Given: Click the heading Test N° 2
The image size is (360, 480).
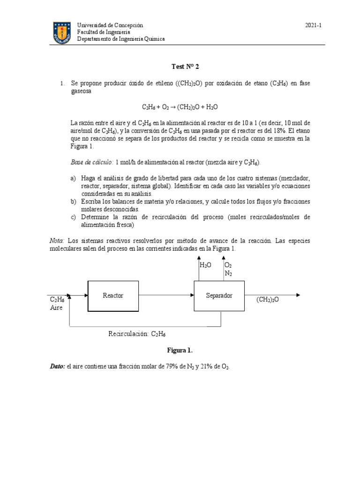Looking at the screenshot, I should (x=180, y=67).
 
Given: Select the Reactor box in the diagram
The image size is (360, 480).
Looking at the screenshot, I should (x=113, y=295).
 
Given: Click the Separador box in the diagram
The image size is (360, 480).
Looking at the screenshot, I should (x=219, y=295).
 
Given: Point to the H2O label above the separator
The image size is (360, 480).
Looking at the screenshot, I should (x=205, y=265).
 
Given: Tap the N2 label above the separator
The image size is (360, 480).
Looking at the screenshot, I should (x=228, y=273).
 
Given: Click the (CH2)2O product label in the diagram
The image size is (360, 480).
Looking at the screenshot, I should (x=268, y=299).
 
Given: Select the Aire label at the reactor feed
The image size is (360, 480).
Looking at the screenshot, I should (x=56, y=307).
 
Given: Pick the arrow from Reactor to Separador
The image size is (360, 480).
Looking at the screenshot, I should (x=166, y=295).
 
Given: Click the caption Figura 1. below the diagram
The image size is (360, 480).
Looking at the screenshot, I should (x=180, y=350).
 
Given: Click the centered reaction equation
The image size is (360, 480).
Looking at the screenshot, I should (x=180, y=107).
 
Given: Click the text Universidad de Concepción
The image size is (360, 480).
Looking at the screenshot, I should (x=110, y=25).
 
